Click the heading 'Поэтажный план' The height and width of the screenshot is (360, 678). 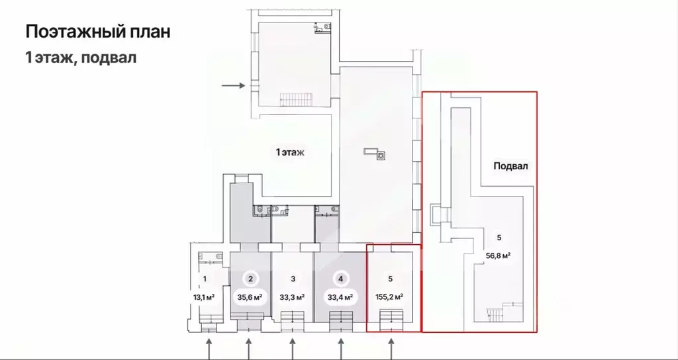click(98, 32)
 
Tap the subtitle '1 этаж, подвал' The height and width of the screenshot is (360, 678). click(81, 57)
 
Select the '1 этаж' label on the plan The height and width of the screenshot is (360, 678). click(291, 152)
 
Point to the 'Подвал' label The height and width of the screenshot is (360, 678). click(510, 166)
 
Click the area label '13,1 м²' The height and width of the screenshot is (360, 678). click(205, 297)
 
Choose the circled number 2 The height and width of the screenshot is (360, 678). click(250, 279)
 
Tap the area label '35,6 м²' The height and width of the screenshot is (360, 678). click(250, 297)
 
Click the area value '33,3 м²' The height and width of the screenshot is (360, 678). click(293, 297)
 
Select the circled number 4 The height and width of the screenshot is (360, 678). click(341, 279)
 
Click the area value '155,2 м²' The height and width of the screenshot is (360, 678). click(390, 297)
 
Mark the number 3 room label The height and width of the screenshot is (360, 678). click(293, 279)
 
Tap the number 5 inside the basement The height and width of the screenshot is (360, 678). click(499, 238)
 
